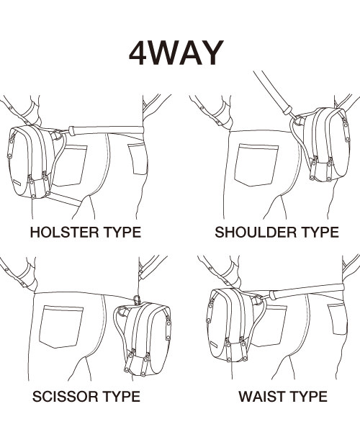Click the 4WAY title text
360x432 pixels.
coord(176,53)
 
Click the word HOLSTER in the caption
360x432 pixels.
coord(64,233)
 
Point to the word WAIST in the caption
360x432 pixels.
coord(261,397)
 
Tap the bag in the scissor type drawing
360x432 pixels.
coord(145,339)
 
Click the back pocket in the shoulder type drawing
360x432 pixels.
coord(256,165)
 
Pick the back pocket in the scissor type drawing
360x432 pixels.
coord(61,327)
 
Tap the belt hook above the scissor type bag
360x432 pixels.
coord(137,300)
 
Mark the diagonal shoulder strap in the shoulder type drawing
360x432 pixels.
coord(273,93)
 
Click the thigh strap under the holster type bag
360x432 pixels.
coord(64,199)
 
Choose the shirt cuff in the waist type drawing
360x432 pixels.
coord(231,274)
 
